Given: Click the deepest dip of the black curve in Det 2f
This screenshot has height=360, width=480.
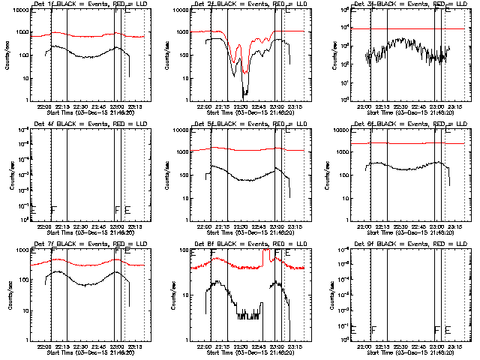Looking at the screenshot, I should pyautogui.click(x=244, y=94).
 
